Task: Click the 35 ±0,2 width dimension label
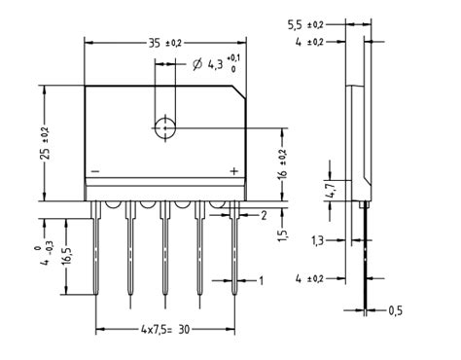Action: pyautogui.click(x=166, y=44)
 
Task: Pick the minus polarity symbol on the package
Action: pyautogui.click(x=94, y=171)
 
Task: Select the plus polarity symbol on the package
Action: pyautogui.click(x=233, y=171)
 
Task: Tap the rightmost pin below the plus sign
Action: pyautogui.click(x=234, y=253)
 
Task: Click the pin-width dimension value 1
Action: pyautogui.click(x=261, y=280)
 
